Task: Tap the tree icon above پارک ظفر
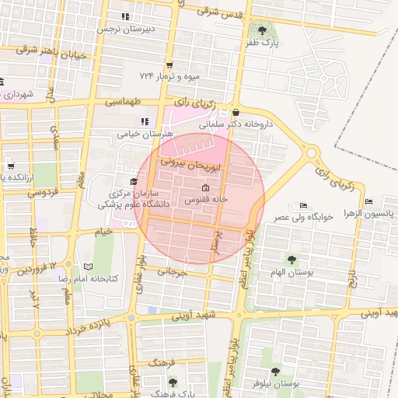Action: (x=261, y=30)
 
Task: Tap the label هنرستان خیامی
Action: (x=143, y=134)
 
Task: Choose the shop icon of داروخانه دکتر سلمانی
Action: (x=236, y=112)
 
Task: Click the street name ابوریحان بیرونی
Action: (x=191, y=164)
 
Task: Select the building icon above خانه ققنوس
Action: (x=205, y=188)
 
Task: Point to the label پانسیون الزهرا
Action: (x=369, y=212)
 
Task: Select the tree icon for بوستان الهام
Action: (x=292, y=260)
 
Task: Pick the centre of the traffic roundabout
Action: (x=312, y=154)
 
